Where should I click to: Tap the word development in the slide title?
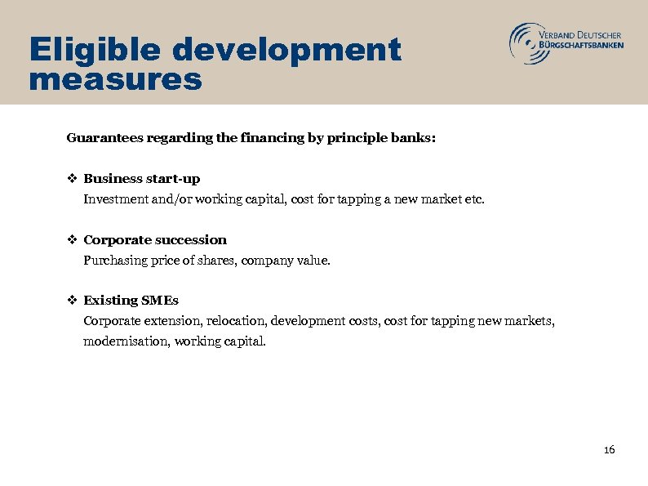click(x=286, y=51)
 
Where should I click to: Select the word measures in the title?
click(x=114, y=80)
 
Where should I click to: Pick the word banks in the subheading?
click(x=414, y=138)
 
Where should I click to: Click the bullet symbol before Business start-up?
click(x=72, y=178)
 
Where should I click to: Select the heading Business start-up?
click(x=142, y=178)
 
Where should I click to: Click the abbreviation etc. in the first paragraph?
click(x=473, y=198)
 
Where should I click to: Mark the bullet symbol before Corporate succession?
click(x=72, y=239)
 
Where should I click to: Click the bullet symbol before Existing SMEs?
click(x=72, y=301)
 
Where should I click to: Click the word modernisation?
click(x=121, y=341)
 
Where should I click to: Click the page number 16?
click(x=609, y=450)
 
